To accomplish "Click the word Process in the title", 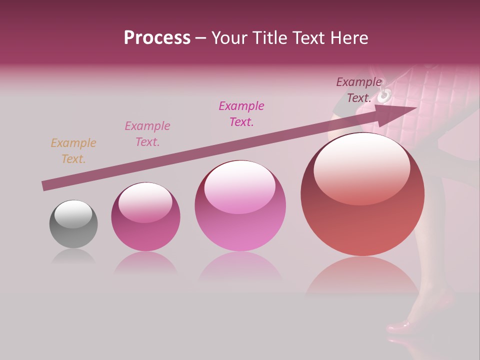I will point(157,37).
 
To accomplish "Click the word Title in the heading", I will point(270,37).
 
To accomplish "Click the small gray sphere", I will point(73,224).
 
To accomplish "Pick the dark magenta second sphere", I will point(145,217).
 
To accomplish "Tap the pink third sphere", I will point(240,206).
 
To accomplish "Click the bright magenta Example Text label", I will point(241,114).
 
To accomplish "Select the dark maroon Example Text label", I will point(359,90).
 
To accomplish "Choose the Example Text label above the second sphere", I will point(147,134).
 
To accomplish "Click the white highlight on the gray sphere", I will point(73,214).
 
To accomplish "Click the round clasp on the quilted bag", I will point(385,95).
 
